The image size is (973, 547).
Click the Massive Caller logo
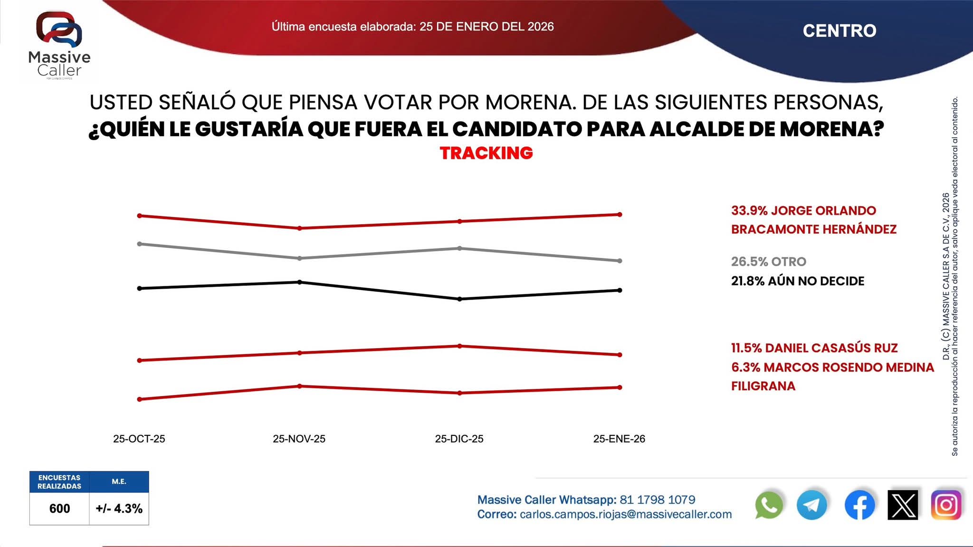point(59,45)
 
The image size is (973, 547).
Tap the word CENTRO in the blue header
point(839,31)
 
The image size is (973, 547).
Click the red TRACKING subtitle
point(486,153)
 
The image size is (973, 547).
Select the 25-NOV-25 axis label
point(299,439)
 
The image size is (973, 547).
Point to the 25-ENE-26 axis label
point(619,439)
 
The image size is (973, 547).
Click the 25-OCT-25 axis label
point(139,439)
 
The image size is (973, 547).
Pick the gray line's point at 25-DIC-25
point(459,248)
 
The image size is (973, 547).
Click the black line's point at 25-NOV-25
point(299,282)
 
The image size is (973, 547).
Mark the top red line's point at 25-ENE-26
point(620,215)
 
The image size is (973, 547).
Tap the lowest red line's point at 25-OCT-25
point(139,399)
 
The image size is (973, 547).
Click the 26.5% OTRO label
point(768,262)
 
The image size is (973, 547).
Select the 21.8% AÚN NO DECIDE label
point(797,281)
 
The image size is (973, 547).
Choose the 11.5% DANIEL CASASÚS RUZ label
point(814,348)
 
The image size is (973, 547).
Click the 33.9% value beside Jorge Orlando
point(749,210)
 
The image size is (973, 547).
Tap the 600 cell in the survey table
point(59,509)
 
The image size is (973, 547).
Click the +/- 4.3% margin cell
point(119,509)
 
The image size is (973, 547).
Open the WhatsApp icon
point(768,505)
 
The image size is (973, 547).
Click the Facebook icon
point(859,505)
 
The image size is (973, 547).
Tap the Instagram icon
point(946,505)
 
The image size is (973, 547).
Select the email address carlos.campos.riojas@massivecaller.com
point(626,514)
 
